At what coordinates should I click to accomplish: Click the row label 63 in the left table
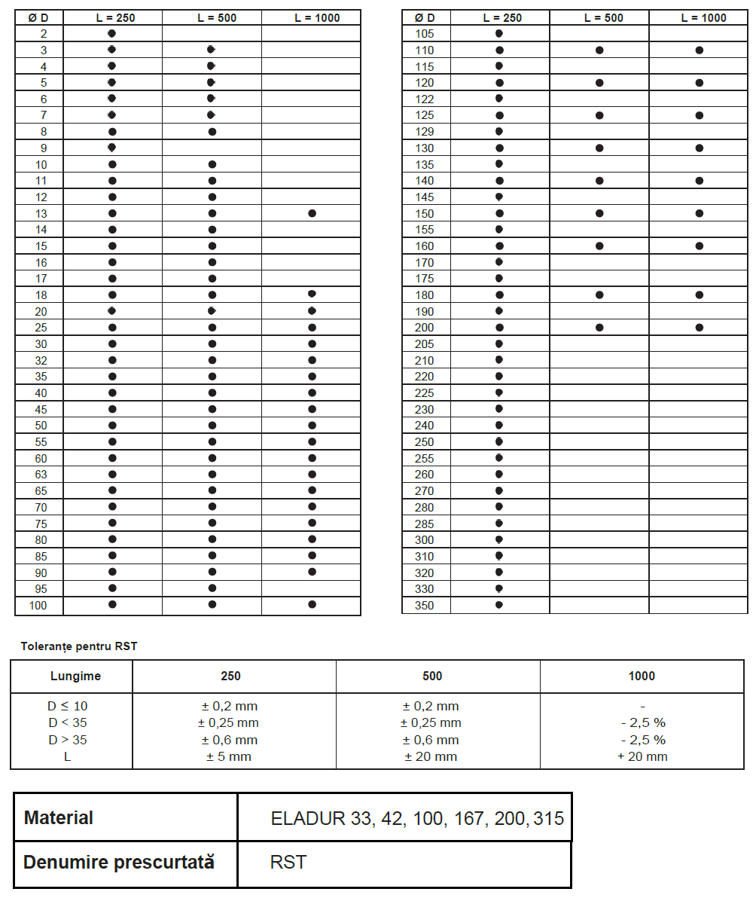tap(41, 475)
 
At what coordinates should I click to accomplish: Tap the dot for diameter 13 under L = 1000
tap(312, 213)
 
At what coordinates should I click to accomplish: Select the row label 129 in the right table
tap(425, 132)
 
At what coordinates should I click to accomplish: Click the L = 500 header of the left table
tap(212, 18)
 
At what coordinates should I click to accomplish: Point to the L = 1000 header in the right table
tap(699, 18)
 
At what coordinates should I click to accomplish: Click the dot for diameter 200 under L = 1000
tap(700, 328)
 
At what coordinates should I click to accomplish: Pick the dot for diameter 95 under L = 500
tap(212, 588)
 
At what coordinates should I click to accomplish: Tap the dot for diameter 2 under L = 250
tap(112, 33)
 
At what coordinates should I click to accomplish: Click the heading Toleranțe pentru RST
tap(79, 646)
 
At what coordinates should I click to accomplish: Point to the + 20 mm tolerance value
tap(642, 756)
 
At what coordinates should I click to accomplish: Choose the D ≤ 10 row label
tap(68, 707)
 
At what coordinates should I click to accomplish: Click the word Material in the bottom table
tap(59, 817)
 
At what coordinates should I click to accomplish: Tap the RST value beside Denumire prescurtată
tap(288, 862)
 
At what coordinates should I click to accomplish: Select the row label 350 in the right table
tap(425, 606)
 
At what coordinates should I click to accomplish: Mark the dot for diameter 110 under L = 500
tap(599, 50)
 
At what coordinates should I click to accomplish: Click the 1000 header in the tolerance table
tap(642, 676)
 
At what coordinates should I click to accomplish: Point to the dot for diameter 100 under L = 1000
tap(312, 604)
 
